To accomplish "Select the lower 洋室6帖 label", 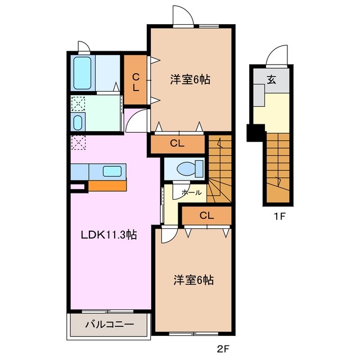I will pyautogui.click(x=193, y=280).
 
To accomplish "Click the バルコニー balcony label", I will pyautogui.click(x=109, y=325).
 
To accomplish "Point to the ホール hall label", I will pyautogui.click(x=191, y=192).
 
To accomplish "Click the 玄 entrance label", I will pyautogui.click(x=272, y=79).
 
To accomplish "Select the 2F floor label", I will pyautogui.click(x=223, y=349).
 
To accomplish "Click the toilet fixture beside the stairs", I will pyautogui.click(x=186, y=168).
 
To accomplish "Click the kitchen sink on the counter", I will pyautogui.click(x=113, y=172).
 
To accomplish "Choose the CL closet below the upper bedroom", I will pyautogui.click(x=177, y=143).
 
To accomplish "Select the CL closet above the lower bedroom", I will pyautogui.click(x=206, y=215).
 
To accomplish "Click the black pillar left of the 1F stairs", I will pyautogui.click(x=254, y=133).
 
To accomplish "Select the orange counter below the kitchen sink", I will pyautogui.click(x=107, y=186).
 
